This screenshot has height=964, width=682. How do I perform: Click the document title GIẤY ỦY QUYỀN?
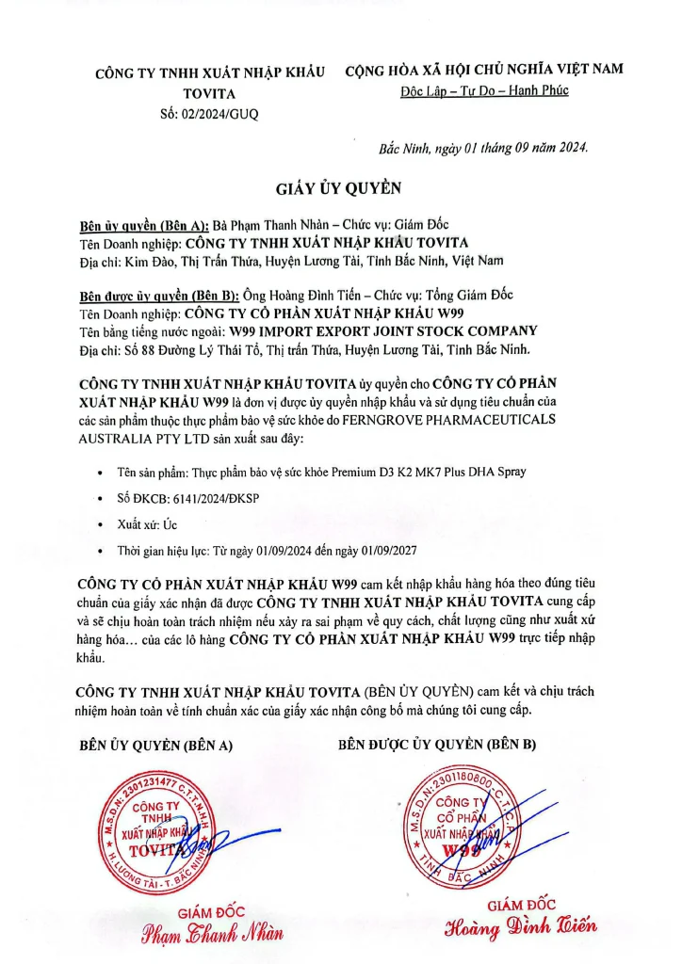pos(339,188)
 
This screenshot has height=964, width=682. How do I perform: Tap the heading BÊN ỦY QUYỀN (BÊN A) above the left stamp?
pos(155,745)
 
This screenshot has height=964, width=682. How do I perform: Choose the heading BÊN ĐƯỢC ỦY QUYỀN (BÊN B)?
pos(437,745)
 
